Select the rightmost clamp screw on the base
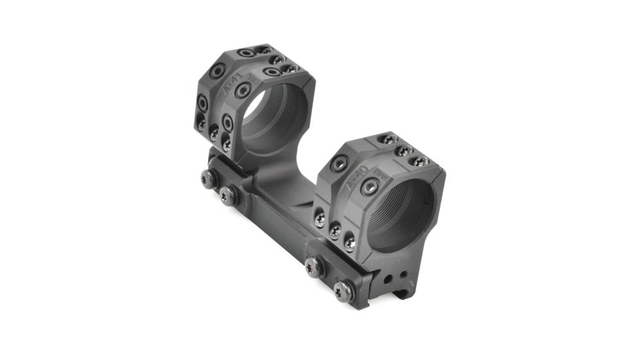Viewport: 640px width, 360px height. [x=344, y=291]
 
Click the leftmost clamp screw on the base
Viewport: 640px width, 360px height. [x=208, y=177]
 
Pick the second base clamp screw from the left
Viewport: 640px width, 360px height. [x=228, y=195]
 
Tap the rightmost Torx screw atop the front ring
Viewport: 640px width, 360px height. [x=420, y=160]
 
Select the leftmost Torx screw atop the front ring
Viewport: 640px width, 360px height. [x=387, y=139]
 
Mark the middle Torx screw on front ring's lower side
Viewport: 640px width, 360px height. [x=334, y=230]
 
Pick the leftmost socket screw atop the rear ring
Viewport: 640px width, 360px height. [x=245, y=52]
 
